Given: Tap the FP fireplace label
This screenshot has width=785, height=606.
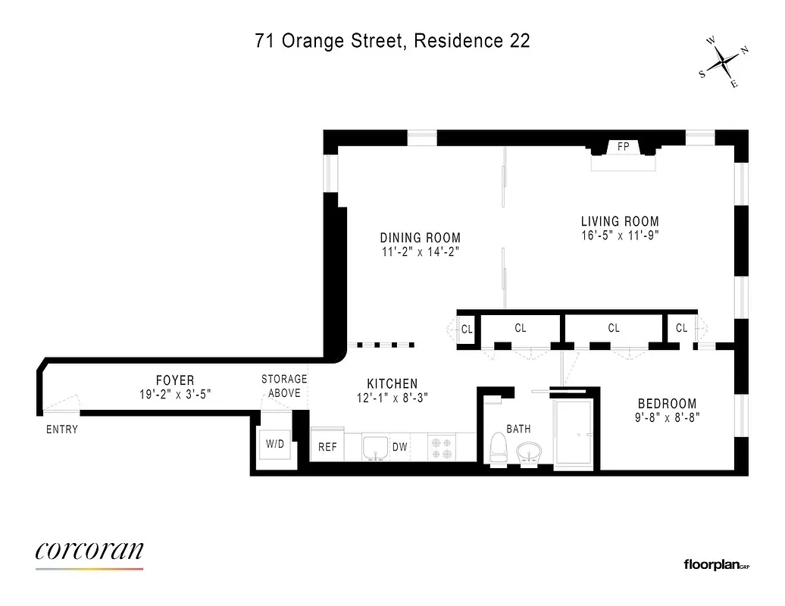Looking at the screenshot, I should (623, 147).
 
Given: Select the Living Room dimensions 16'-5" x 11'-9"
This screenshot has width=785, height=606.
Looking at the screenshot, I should (620, 235).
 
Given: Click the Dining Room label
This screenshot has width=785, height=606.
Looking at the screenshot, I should (420, 237).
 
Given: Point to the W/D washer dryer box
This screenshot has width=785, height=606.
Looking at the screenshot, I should (274, 444).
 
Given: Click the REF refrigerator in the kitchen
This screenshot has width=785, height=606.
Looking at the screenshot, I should (327, 447).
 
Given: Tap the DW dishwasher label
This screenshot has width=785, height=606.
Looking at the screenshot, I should (399, 447).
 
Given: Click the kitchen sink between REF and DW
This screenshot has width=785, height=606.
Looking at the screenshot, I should (374, 447).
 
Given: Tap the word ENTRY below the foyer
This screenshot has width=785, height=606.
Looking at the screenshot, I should (61, 430).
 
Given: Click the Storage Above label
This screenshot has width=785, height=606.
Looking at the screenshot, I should (284, 386).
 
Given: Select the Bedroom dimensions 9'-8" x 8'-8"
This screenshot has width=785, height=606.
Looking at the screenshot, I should (667, 417).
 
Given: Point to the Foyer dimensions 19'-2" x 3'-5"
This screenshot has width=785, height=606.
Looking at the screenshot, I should (175, 394).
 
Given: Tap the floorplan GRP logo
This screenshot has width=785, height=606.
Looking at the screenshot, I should (716, 564).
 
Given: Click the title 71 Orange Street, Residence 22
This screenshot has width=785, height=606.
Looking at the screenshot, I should (392, 41).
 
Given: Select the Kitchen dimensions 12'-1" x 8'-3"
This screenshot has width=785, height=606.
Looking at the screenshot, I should (392, 398).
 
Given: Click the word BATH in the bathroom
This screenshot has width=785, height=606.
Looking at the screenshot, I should (518, 429).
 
